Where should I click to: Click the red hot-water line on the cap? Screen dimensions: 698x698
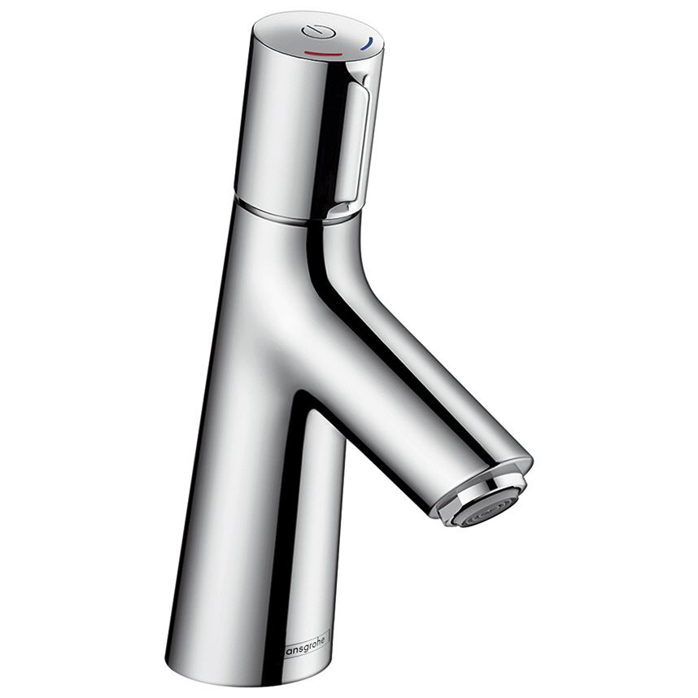click(325, 52)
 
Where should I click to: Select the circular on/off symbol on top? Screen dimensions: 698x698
click(312, 32)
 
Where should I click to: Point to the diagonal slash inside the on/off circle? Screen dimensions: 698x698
click(312, 32)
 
